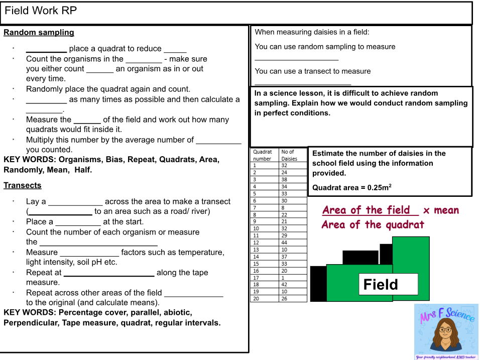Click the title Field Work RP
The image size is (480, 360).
41,11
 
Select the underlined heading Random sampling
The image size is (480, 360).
39,33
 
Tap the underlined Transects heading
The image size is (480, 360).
23,185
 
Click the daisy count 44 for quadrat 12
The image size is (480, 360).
285,243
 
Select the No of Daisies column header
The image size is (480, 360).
289,155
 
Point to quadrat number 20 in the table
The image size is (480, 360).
256,299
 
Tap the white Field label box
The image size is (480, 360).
388,285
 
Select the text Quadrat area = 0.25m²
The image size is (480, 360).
351,188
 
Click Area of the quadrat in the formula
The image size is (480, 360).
373,225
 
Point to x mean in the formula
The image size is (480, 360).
441,210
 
